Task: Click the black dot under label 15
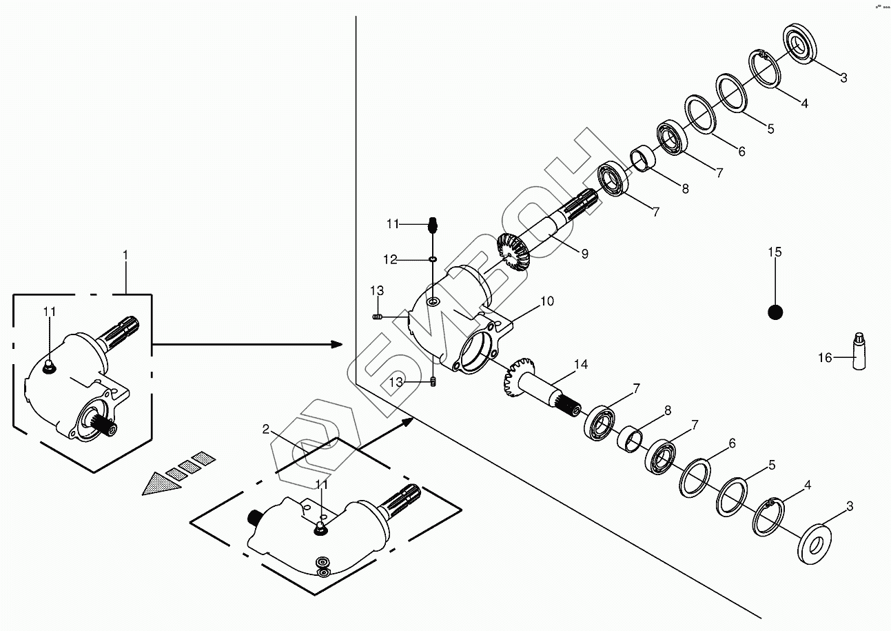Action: [x=775, y=312]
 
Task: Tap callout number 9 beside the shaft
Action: [x=584, y=254]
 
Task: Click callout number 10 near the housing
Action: [x=546, y=301]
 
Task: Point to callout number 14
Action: [x=581, y=364]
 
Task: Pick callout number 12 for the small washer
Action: [x=390, y=260]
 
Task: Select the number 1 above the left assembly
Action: [x=125, y=254]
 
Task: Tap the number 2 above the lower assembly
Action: [x=266, y=429]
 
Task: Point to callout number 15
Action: [x=775, y=252]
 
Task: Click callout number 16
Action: [x=825, y=357]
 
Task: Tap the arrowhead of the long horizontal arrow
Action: [x=336, y=343]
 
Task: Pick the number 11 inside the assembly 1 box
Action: [x=49, y=312]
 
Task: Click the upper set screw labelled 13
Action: [x=377, y=317]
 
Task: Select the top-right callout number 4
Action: [x=804, y=103]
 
